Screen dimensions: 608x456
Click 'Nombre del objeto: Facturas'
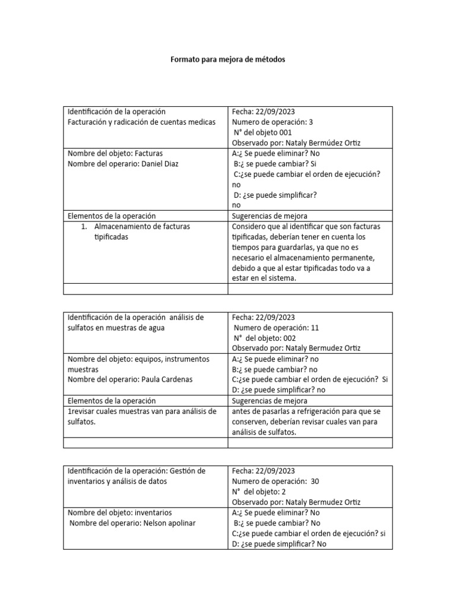point(115,153)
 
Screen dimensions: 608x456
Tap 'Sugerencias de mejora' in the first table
point(270,216)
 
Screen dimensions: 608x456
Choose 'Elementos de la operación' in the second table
point(112,401)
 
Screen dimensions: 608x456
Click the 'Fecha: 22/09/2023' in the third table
point(263,470)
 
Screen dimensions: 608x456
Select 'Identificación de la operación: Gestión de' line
point(137,470)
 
